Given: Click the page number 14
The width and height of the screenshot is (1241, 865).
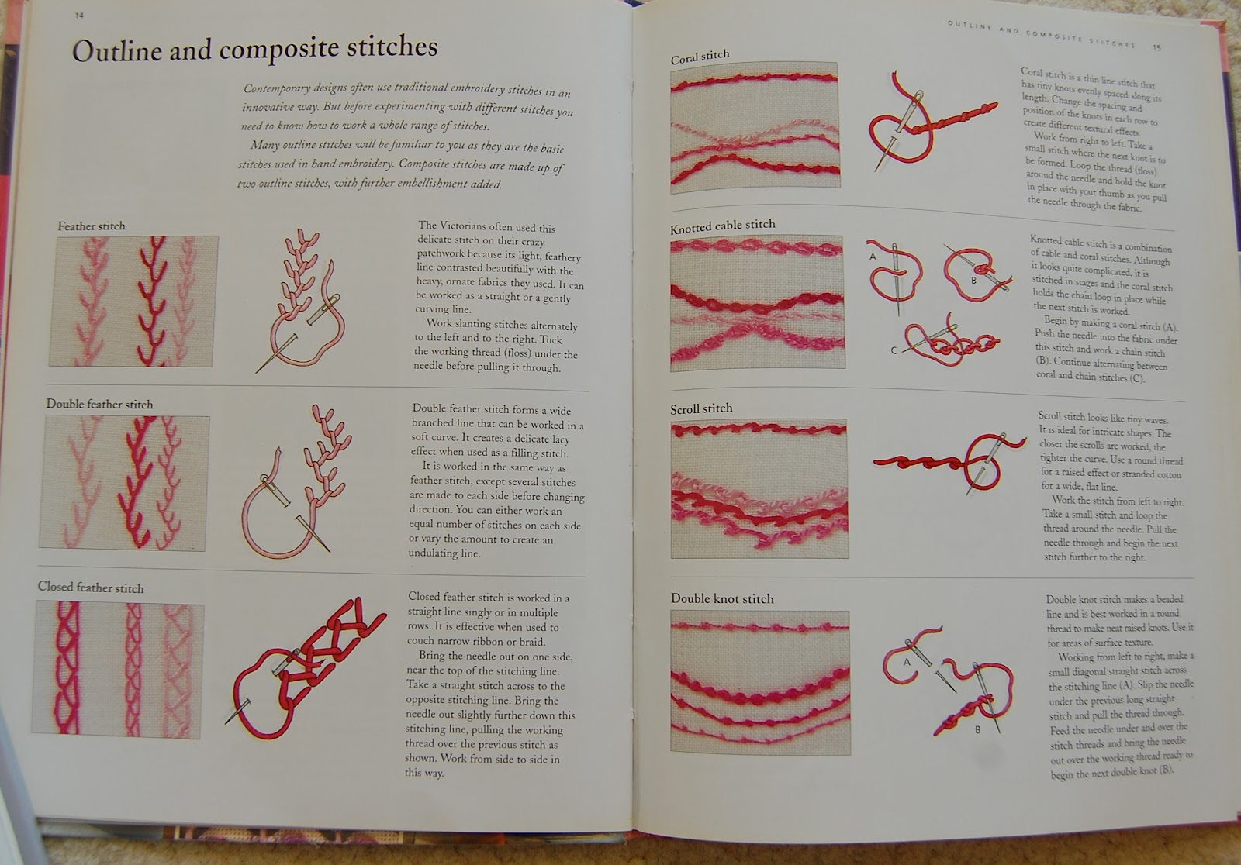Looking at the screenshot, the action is pyautogui.click(x=79, y=16).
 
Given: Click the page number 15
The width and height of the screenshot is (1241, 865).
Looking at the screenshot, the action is pyautogui.click(x=1156, y=47).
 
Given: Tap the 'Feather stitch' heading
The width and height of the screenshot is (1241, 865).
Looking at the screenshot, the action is pyautogui.click(x=92, y=226).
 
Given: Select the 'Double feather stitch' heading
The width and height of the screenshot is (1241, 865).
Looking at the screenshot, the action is pyautogui.click(x=100, y=405).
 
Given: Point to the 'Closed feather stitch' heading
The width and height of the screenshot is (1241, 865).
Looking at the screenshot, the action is pyautogui.click(x=91, y=588).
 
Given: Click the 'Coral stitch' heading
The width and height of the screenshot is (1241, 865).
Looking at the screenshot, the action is pyautogui.click(x=700, y=57).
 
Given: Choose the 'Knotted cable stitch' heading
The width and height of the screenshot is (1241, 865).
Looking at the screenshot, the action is pyautogui.click(x=722, y=226).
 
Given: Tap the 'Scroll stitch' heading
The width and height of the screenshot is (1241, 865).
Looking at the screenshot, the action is pyautogui.click(x=701, y=408).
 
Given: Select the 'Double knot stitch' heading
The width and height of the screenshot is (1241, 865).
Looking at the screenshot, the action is pyautogui.click(x=722, y=598).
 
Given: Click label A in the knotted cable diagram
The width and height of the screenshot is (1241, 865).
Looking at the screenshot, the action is pyautogui.click(x=873, y=257).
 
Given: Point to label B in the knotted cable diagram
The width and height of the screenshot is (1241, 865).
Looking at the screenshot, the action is pyautogui.click(x=973, y=281).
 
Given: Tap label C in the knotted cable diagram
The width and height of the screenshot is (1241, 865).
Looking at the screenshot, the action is pyautogui.click(x=893, y=350).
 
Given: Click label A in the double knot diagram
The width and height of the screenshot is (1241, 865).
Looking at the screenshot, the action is pyautogui.click(x=907, y=662).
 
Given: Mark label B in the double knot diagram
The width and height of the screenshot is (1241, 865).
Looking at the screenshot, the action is pyautogui.click(x=978, y=730).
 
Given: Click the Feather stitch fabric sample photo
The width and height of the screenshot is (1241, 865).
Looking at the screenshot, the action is pyautogui.click(x=133, y=302).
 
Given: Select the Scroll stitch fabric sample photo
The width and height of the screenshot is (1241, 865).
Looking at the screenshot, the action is pyautogui.click(x=759, y=489).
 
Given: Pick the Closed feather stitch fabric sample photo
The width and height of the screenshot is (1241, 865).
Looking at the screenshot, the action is pyautogui.click(x=117, y=670).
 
